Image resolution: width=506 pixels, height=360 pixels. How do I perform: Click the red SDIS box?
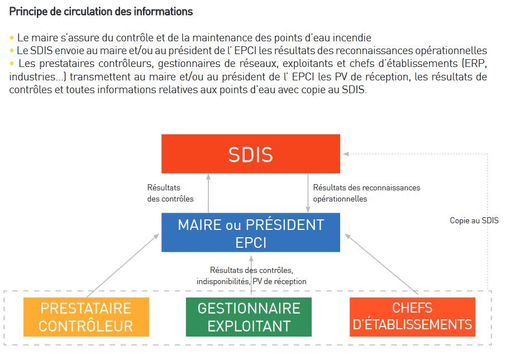click(x=251, y=154)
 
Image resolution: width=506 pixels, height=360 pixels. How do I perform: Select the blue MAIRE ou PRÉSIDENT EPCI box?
click(x=251, y=232)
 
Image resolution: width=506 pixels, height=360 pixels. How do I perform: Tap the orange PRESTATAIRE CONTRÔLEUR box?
click(x=86, y=317)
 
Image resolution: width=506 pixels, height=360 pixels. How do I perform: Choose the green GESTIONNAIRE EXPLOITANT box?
click(x=249, y=317)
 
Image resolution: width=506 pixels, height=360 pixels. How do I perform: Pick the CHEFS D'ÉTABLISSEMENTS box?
click(x=412, y=317)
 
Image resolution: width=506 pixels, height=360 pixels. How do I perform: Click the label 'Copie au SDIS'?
click(x=474, y=220)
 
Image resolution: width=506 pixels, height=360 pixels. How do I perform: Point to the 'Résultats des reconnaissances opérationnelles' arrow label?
click(x=366, y=193)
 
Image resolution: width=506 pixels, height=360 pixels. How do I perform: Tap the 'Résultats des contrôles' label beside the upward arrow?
click(x=170, y=193)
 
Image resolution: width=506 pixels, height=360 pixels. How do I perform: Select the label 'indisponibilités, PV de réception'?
click(x=251, y=281)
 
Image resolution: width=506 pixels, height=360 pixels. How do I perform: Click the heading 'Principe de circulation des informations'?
click(x=101, y=12)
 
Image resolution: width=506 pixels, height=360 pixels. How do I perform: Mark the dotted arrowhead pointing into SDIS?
click(x=346, y=154)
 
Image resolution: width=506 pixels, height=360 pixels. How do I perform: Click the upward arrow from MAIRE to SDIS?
click(x=208, y=193)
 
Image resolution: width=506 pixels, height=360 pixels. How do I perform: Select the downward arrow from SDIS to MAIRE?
click(x=308, y=193)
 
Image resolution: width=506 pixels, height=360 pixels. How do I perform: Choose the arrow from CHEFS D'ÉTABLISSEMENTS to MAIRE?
click(x=381, y=264)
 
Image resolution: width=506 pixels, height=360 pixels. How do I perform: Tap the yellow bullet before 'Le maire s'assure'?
click(x=12, y=38)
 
